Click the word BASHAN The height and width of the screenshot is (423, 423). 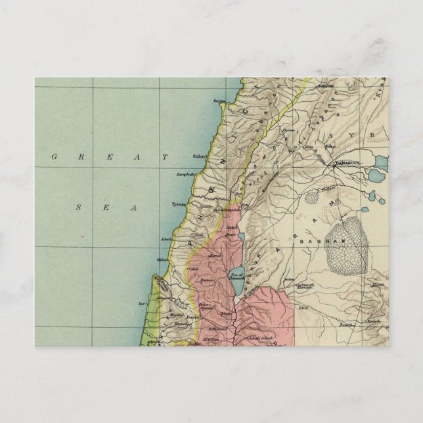[315, 242]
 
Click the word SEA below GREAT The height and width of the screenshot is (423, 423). [106, 208]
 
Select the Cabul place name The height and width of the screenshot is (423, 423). [193, 269]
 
